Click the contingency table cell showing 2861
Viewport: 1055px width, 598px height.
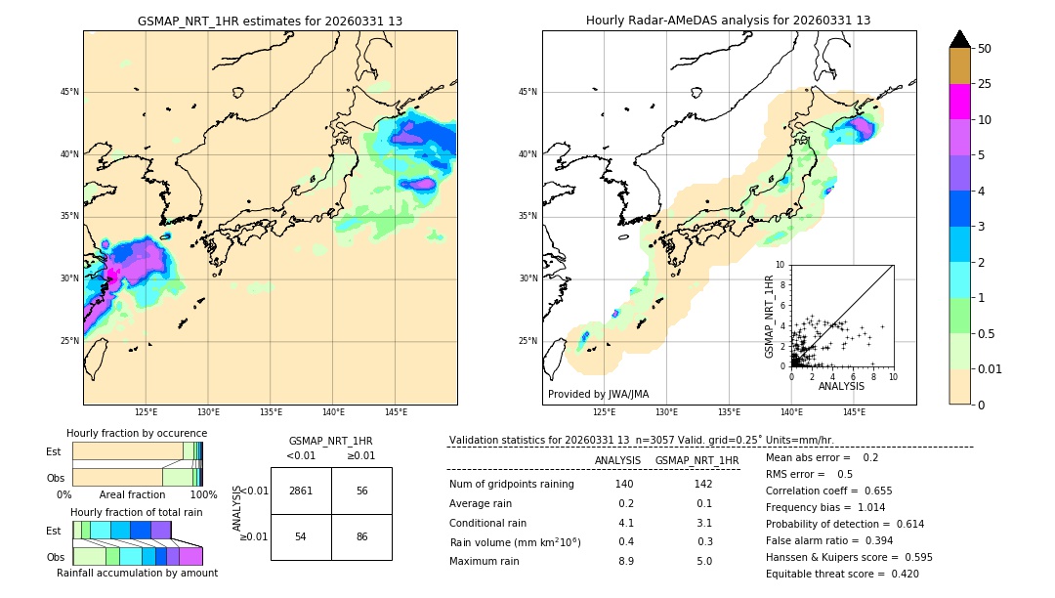[x=301, y=491]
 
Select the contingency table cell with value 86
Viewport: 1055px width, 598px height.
[x=361, y=536]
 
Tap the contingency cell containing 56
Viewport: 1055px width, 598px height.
[x=361, y=491]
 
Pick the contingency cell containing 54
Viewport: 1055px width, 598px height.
[x=301, y=536]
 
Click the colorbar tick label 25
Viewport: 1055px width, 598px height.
[x=985, y=84]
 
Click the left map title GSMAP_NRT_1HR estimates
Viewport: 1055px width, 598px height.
[x=270, y=21]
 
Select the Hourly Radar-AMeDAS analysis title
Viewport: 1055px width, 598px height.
[x=728, y=21]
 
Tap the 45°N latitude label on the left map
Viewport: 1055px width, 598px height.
[x=69, y=92]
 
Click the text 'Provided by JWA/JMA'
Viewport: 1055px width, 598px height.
[x=598, y=394]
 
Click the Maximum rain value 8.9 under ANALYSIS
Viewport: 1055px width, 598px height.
[x=626, y=561]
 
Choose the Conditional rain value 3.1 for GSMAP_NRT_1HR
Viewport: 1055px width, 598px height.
[x=703, y=523]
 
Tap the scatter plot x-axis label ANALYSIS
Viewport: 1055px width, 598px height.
[x=841, y=386]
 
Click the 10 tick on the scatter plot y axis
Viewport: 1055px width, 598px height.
[x=781, y=265]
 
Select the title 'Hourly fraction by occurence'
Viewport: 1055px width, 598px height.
[x=137, y=433]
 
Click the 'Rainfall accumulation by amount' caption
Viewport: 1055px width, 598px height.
[x=137, y=574]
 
